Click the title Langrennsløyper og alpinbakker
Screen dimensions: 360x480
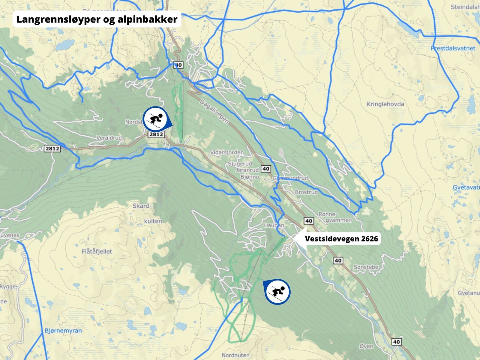click(x=97, y=19)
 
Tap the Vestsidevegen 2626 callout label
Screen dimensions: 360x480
click(x=341, y=239)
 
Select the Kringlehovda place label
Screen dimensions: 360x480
click(x=385, y=104)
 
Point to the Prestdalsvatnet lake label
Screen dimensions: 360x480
click(x=453, y=48)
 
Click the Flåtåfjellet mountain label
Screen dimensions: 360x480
click(x=97, y=251)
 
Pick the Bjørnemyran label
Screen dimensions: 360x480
click(x=63, y=331)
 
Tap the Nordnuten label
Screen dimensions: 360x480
click(x=235, y=355)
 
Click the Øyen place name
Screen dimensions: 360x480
click(x=366, y=346)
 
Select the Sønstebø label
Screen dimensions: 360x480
click(x=366, y=267)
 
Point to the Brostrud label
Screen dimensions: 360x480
click(x=306, y=192)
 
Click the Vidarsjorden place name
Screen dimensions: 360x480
click(x=227, y=152)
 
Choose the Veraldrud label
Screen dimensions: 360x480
click(x=109, y=138)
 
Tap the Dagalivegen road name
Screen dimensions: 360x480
click(x=214, y=112)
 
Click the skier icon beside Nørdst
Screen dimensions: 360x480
click(x=155, y=119)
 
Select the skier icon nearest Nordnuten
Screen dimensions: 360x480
click(x=277, y=291)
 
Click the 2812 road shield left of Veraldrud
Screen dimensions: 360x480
click(x=52, y=148)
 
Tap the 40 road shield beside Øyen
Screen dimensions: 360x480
click(x=396, y=342)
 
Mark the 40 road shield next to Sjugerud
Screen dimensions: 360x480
click(x=266, y=169)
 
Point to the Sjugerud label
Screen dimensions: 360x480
click(x=240, y=164)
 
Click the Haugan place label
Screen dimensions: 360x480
click(x=274, y=225)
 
